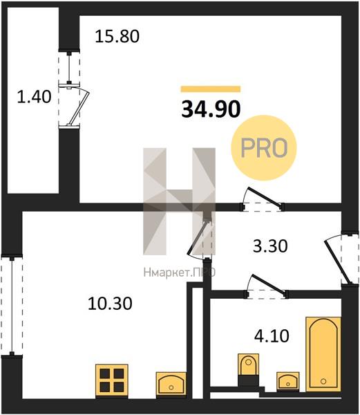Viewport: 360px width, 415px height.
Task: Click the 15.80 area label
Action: (x=117, y=37)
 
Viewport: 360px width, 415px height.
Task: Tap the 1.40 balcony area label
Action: (x=34, y=96)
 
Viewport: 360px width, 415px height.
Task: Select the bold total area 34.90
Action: (x=211, y=109)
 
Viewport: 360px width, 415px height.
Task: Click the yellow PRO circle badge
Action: (x=264, y=148)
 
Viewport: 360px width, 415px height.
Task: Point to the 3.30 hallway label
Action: (x=270, y=246)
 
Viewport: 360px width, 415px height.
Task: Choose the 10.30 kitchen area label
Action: (x=110, y=304)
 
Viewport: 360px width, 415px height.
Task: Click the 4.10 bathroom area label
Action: (x=272, y=336)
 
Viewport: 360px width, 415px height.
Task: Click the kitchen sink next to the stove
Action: (x=171, y=384)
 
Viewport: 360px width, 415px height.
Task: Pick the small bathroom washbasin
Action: (x=288, y=381)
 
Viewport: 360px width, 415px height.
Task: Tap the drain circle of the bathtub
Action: (x=323, y=381)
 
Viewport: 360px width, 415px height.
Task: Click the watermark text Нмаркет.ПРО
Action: (x=180, y=273)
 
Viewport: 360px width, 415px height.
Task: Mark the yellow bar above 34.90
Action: (x=211, y=89)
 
